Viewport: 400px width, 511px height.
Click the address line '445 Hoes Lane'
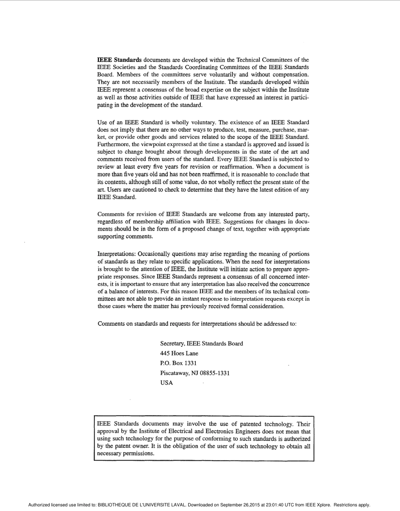[x=179, y=353]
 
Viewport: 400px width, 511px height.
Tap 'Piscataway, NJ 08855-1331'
[x=195, y=373]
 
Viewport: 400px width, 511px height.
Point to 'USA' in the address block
[x=166, y=383]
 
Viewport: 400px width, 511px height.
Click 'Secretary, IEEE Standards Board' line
[x=201, y=343]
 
